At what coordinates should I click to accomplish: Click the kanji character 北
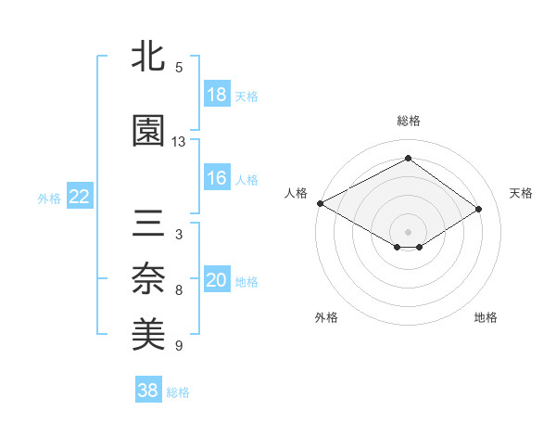149,58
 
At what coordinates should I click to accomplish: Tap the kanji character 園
149,132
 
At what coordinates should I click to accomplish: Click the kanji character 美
149,334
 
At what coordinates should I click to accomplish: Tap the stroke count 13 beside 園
179,142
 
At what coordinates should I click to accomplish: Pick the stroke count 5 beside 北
179,68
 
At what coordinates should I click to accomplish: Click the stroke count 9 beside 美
179,346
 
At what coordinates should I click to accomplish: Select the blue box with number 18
217,95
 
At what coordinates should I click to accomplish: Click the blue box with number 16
217,178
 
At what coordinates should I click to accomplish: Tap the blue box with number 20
217,280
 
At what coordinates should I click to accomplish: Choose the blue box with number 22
80,197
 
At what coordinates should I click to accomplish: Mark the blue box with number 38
148,391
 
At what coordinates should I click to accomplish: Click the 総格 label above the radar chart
408,121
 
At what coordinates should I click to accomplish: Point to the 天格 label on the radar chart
522,193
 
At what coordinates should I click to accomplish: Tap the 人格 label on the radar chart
296,193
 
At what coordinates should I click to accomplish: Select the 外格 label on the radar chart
326,317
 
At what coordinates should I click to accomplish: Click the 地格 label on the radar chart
486,317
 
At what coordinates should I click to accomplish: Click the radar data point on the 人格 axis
320,202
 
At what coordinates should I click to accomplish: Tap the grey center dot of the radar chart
408,230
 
